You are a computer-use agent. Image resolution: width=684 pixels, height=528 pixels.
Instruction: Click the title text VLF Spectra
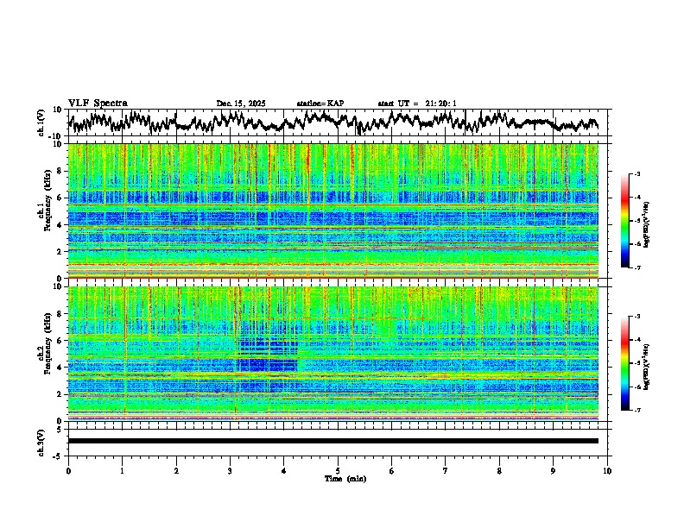98,103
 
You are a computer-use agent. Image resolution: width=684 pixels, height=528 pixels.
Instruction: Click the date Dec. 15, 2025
241,104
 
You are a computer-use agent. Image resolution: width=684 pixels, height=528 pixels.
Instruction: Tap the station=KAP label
320,104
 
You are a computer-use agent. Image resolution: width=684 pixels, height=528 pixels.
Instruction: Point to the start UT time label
417,104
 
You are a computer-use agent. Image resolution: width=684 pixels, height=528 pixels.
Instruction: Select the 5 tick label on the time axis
338,470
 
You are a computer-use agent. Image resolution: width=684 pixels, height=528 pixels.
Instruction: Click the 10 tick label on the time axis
607,470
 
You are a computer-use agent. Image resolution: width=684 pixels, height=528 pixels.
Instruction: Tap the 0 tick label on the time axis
68,470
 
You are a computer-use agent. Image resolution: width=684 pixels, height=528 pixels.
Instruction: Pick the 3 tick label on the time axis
230,470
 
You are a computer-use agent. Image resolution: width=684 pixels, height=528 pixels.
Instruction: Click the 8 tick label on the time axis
499,470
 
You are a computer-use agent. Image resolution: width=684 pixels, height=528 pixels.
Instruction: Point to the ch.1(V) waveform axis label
41,123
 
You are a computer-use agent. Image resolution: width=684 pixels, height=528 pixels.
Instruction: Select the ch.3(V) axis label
41,441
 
